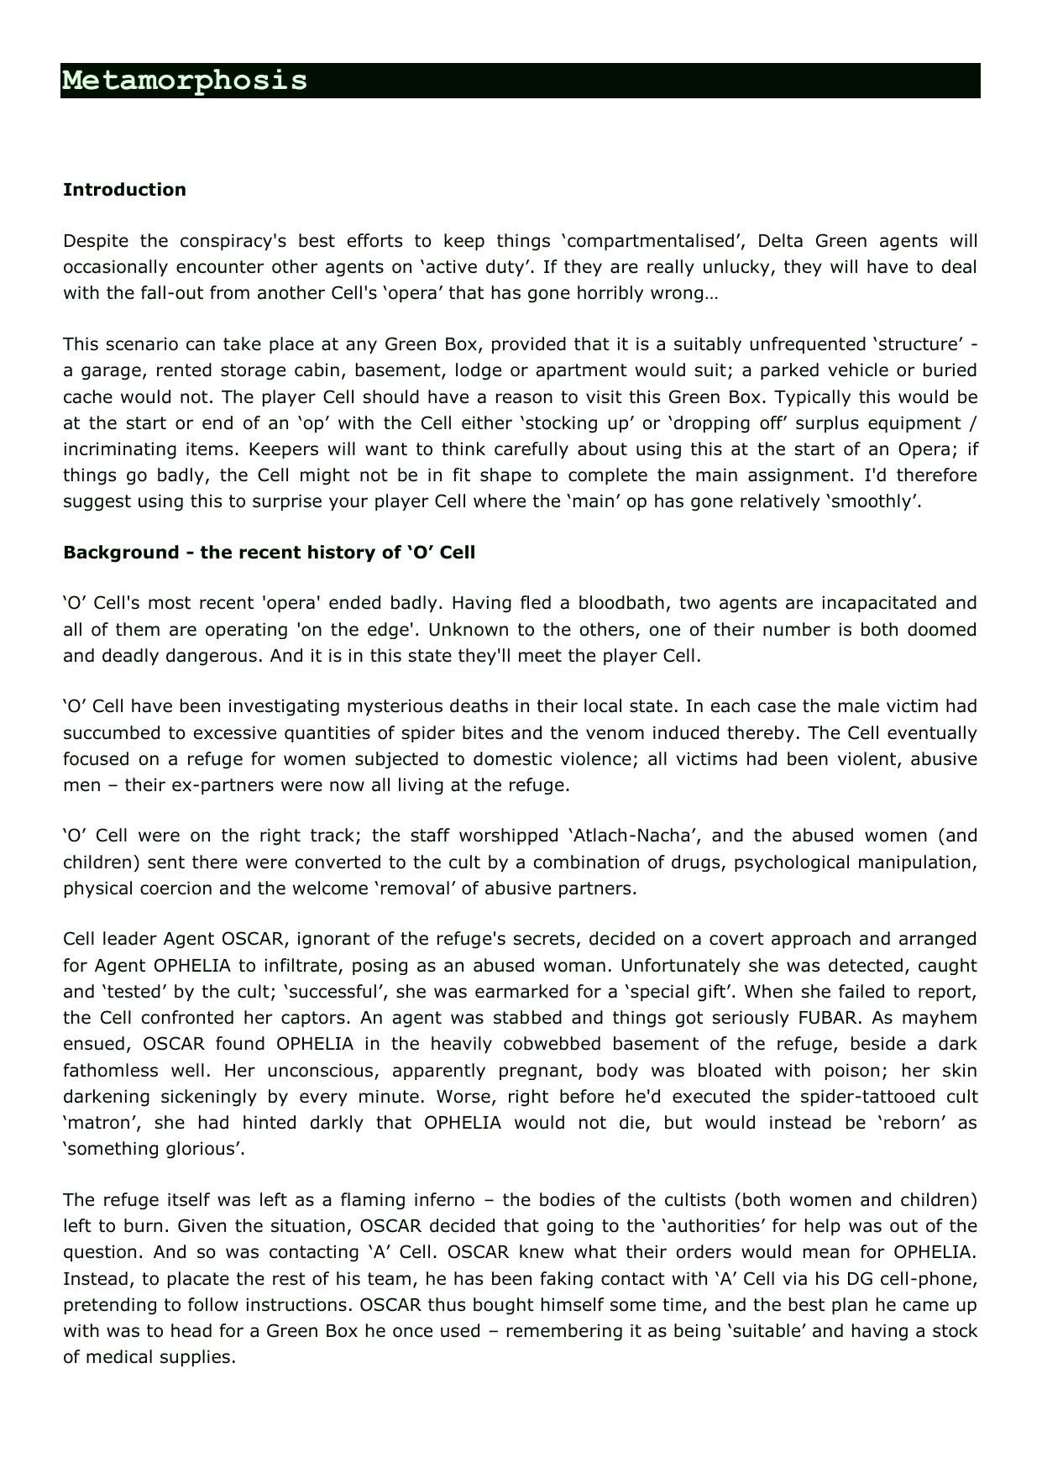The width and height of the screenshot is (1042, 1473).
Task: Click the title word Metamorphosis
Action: coord(185,81)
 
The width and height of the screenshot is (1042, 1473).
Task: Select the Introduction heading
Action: coord(124,190)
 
